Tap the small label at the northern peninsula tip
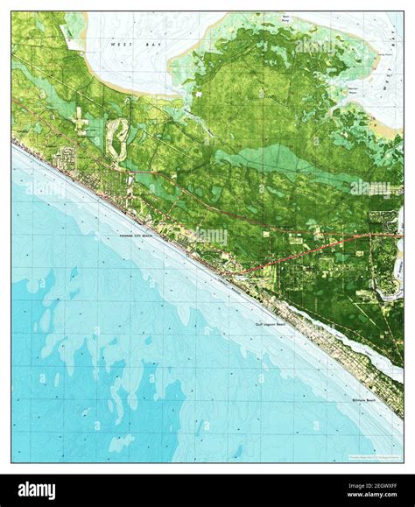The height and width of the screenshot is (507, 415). pos(285,18)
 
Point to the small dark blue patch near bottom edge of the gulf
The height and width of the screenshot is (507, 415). pos(236,452)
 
